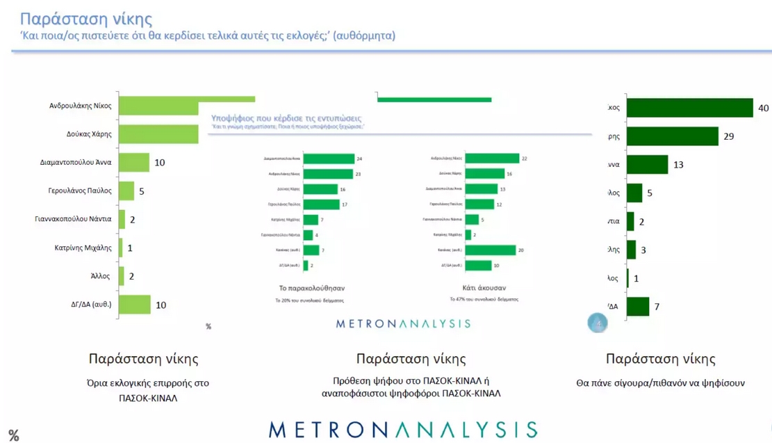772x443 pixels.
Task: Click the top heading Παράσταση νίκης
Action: click(x=86, y=18)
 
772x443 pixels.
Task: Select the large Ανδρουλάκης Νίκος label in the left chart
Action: click(x=80, y=106)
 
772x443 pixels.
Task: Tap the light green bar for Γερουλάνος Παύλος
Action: click(x=126, y=191)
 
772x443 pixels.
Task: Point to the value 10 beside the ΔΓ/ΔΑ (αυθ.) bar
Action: click(x=161, y=305)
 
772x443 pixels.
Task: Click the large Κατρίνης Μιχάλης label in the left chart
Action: click(x=83, y=248)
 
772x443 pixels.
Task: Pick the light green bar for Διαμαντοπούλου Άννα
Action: click(x=134, y=163)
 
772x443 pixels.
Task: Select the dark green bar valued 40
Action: click(x=690, y=108)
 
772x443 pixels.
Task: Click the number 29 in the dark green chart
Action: click(x=728, y=136)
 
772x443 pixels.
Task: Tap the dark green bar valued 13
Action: click(x=647, y=164)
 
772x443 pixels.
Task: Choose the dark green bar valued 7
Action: click(x=638, y=307)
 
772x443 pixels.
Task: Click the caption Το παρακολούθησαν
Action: click(x=311, y=287)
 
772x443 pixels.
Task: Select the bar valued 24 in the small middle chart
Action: click(x=329, y=159)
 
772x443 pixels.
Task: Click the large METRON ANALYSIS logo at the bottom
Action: click(x=403, y=428)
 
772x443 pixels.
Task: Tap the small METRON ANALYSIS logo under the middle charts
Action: click(x=403, y=323)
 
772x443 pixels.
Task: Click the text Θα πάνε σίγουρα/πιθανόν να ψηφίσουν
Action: click(x=660, y=383)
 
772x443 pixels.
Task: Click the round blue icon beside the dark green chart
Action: click(x=598, y=323)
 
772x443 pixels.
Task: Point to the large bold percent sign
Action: click(x=13, y=436)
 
